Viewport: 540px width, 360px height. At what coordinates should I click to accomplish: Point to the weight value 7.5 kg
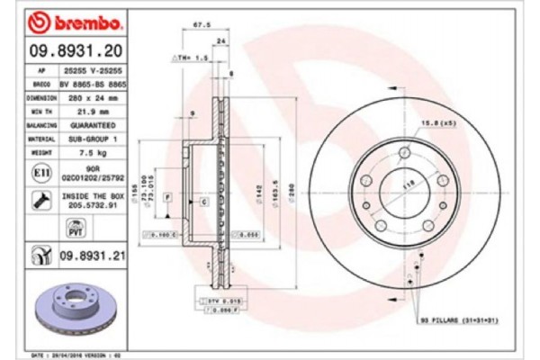94,154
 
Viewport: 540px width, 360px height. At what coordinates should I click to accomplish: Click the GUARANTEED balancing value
94,125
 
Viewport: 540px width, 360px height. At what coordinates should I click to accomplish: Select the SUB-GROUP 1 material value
94,139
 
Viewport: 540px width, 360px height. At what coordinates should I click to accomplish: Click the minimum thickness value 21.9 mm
94,111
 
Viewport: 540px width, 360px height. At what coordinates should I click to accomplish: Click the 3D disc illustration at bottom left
74,308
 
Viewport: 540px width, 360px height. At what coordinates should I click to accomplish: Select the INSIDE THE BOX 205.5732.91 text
94,199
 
